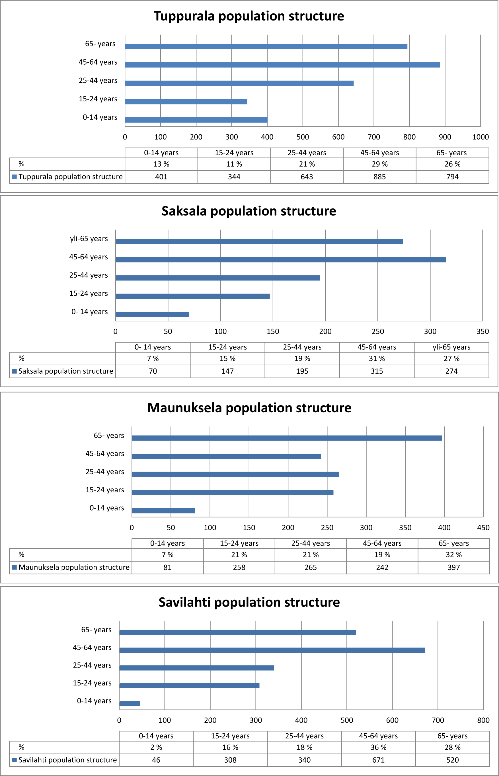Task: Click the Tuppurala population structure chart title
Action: point(249,16)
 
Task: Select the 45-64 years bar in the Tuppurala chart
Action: point(282,65)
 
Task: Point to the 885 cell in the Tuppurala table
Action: point(379,177)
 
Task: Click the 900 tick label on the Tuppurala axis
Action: point(445,137)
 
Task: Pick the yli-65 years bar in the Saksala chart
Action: point(259,241)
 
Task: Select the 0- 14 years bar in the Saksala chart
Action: point(152,314)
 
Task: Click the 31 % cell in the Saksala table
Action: point(377,358)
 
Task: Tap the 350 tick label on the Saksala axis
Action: point(482,331)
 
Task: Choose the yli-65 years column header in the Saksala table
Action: point(451,347)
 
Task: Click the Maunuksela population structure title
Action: point(249,408)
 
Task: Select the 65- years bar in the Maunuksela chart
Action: point(287,438)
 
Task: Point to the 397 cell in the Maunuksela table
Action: point(454,567)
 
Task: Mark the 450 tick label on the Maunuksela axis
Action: point(483,527)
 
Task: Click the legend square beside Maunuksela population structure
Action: point(14,567)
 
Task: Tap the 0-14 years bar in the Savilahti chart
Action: point(130,703)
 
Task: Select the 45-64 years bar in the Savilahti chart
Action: point(272,650)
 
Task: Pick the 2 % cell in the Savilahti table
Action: point(156,747)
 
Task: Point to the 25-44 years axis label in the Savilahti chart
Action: point(92,665)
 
